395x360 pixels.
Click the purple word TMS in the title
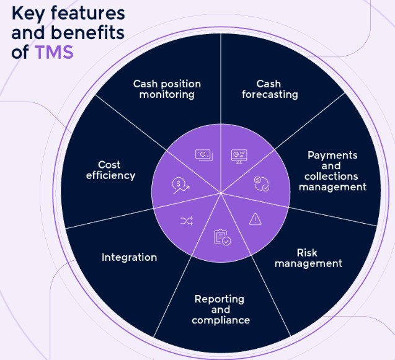[54, 52]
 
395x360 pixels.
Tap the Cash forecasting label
[270, 89]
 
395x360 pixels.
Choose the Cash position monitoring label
[167, 89]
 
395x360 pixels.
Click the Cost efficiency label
[109, 170]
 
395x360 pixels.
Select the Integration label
[129, 257]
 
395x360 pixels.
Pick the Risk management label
[308, 258]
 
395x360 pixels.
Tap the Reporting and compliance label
[221, 309]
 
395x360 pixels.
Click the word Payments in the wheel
[332, 155]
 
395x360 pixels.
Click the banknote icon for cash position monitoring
[203, 156]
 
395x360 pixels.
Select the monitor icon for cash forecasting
[239, 156]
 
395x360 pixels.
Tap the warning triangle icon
[255, 218]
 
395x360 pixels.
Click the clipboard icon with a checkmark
[221, 237]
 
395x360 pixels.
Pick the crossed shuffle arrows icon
[186, 221]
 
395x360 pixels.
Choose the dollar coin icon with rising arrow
[180, 185]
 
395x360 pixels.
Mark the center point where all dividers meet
[221, 193]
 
